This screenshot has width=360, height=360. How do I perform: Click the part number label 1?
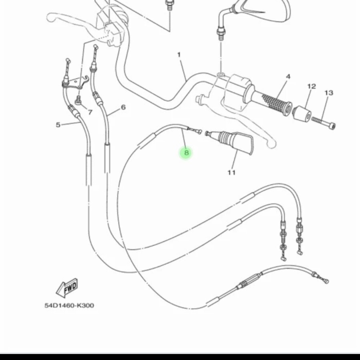(x=179, y=55)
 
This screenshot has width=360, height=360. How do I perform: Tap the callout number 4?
(x=288, y=77)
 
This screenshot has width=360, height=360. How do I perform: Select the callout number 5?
(x=58, y=125)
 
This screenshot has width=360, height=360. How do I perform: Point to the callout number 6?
(x=123, y=107)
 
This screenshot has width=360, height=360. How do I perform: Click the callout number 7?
(x=90, y=112)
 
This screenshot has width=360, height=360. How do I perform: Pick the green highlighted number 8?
(x=186, y=153)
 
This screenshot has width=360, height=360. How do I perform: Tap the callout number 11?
(x=232, y=172)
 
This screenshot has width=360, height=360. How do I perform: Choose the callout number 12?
(x=311, y=86)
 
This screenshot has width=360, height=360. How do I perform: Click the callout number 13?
(x=329, y=93)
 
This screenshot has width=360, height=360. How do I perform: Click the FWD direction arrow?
(x=67, y=287)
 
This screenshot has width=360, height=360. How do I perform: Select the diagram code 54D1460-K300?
(x=69, y=305)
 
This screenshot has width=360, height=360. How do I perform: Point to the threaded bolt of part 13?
(x=323, y=122)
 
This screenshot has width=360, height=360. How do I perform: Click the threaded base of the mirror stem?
(x=221, y=34)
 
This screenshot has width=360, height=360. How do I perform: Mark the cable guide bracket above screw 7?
(x=76, y=82)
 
